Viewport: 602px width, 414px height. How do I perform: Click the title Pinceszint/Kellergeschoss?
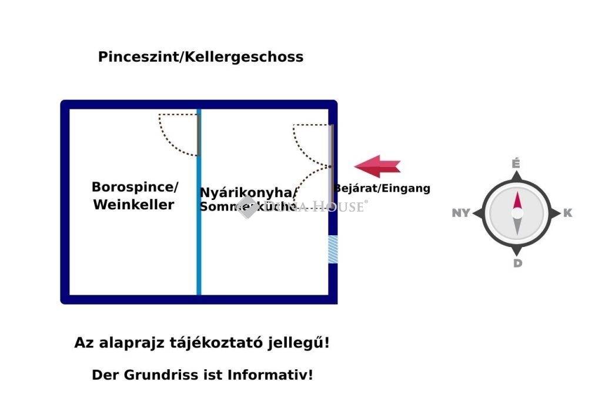[200, 57]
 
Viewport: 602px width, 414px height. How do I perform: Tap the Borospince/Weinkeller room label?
[135, 196]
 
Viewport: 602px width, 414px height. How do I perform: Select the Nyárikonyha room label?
[247, 193]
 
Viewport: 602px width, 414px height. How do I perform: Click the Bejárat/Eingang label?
[382, 189]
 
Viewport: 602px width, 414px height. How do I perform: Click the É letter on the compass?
[516, 163]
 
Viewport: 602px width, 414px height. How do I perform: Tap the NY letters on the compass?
[461, 213]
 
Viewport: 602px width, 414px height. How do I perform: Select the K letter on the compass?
[567, 213]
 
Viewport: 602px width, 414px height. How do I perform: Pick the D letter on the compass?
[517, 263]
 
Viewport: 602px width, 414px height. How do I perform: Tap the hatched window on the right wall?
[333, 248]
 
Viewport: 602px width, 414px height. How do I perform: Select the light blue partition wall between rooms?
[199, 235]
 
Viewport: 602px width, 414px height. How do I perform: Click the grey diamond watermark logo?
[248, 206]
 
